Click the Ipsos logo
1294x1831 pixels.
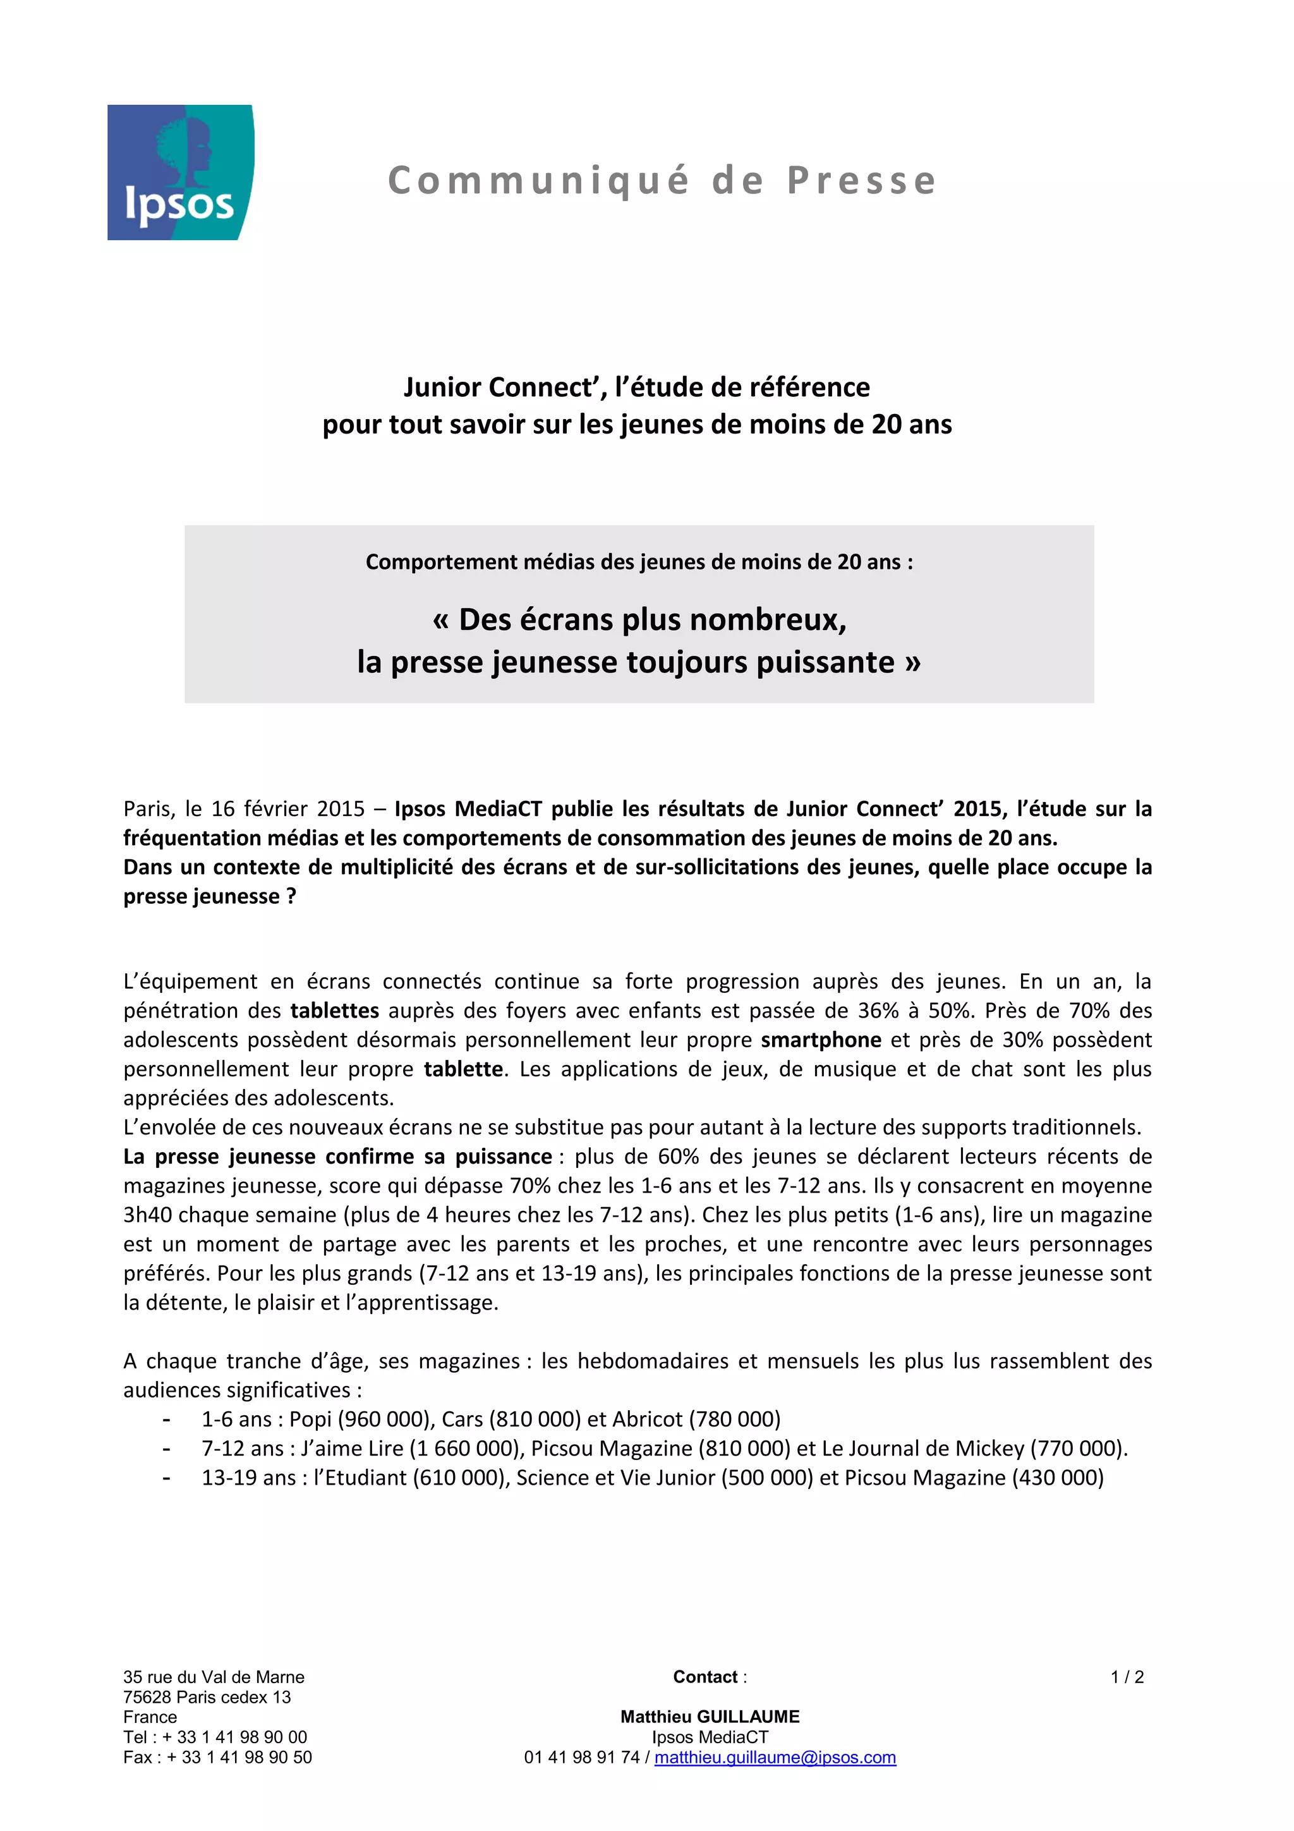pos(180,173)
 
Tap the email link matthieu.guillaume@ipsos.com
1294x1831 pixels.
pos(775,1757)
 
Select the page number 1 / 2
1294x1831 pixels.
pos(1127,1677)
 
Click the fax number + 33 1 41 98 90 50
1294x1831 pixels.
pos(239,1757)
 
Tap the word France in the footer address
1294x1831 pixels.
pos(150,1717)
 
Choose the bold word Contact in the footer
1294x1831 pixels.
pos(704,1677)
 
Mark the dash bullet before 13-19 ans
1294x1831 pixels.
pos(166,1478)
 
